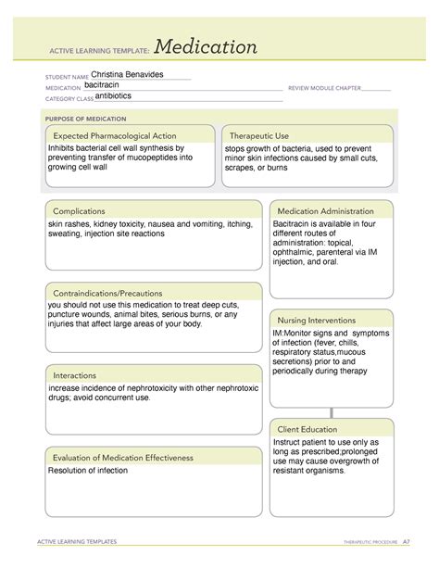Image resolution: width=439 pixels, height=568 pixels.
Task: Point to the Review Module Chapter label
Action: coord(324,89)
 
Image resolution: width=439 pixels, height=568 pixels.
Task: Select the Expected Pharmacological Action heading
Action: coord(114,135)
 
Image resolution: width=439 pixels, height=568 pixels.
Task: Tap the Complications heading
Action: coord(79,211)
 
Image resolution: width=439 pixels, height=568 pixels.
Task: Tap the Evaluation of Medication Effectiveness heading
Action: coord(123,457)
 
